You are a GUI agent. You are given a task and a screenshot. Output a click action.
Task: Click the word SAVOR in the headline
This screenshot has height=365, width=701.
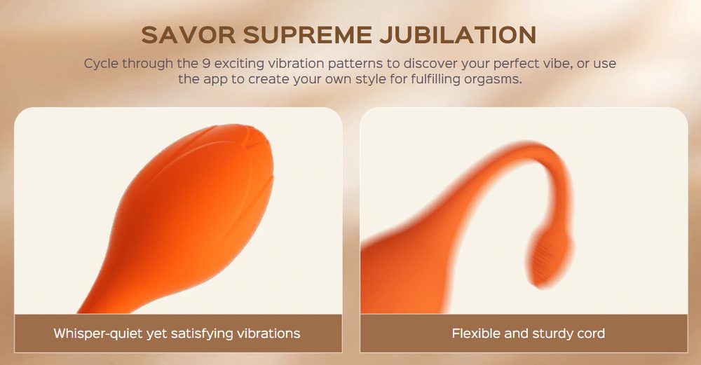[188, 35]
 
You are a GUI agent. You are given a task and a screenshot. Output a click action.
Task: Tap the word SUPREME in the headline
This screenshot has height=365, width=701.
[308, 35]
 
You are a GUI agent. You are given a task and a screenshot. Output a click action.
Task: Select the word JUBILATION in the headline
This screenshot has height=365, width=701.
[458, 35]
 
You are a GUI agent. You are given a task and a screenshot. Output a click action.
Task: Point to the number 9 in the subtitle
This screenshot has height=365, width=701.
[206, 64]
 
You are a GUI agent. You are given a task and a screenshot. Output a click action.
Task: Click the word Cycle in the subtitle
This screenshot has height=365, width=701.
[101, 64]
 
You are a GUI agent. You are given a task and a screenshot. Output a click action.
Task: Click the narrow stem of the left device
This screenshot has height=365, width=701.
[96, 295]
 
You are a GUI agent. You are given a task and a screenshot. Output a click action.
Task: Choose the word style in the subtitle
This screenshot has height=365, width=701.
[371, 80]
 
